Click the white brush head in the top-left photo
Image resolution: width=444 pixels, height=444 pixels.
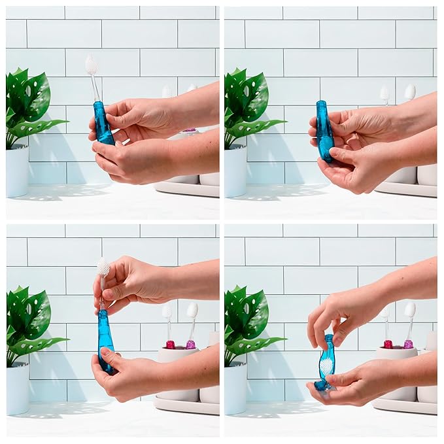pyautogui.click(x=91, y=64)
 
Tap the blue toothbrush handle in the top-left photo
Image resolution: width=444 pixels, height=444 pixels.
pyautogui.click(x=102, y=124)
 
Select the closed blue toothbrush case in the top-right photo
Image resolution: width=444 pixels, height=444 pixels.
pyautogui.click(x=324, y=131)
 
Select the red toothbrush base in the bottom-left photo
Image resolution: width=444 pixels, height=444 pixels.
pyautogui.click(x=170, y=344)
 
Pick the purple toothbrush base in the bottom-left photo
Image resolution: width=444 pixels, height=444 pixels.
pyautogui.click(x=190, y=344)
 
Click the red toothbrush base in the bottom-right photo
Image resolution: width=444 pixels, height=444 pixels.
pyautogui.click(x=388, y=344)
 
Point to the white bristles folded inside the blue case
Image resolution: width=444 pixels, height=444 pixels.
pyautogui.click(x=326, y=366)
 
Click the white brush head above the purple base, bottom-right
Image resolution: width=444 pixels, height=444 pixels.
pyautogui.click(x=410, y=309)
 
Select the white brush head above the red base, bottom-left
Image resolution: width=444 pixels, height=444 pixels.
pyautogui.click(x=167, y=311)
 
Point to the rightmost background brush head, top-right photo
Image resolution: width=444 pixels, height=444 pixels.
pyautogui.click(x=410, y=92)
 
